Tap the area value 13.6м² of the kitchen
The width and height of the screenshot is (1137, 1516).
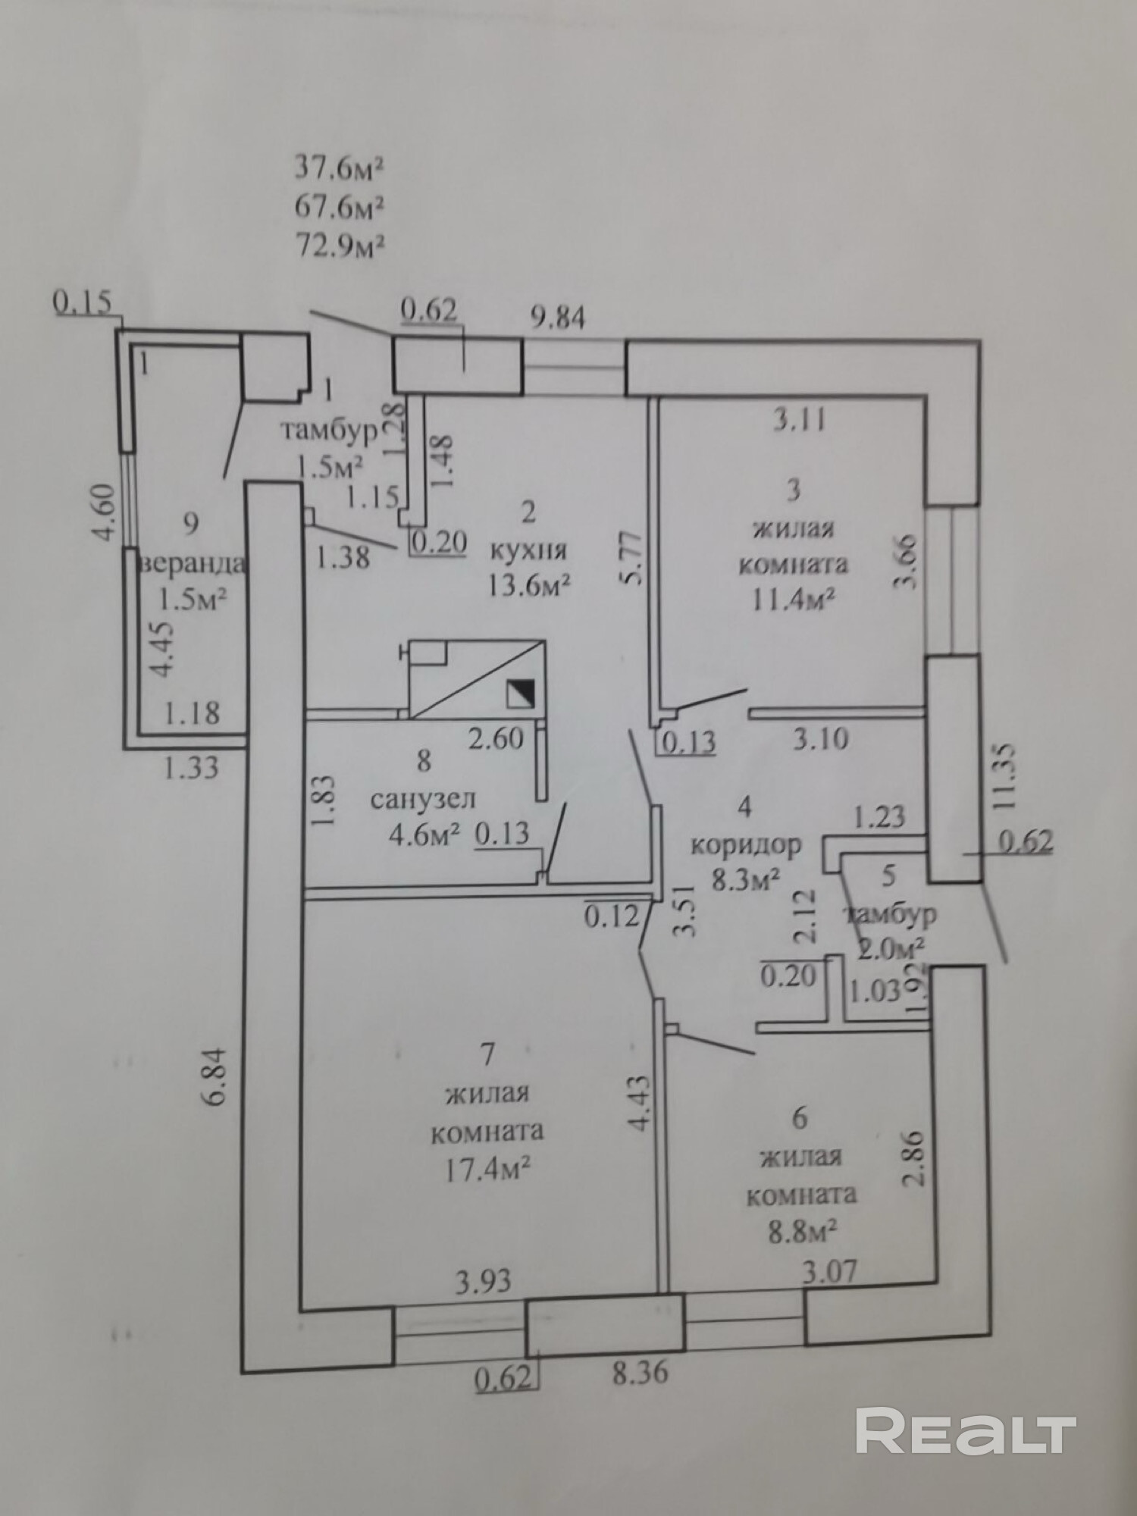tap(529, 585)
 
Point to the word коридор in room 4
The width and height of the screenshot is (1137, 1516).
tap(746, 844)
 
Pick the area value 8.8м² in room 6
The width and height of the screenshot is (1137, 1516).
tap(801, 1229)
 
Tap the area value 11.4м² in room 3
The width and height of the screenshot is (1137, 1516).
tap(793, 600)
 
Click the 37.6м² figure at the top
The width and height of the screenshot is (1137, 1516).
tap(339, 168)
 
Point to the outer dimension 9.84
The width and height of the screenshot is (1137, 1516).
tap(558, 318)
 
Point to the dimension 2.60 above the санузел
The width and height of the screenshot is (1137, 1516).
tap(496, 738)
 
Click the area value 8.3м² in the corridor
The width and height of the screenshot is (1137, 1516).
tap(746, 880)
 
